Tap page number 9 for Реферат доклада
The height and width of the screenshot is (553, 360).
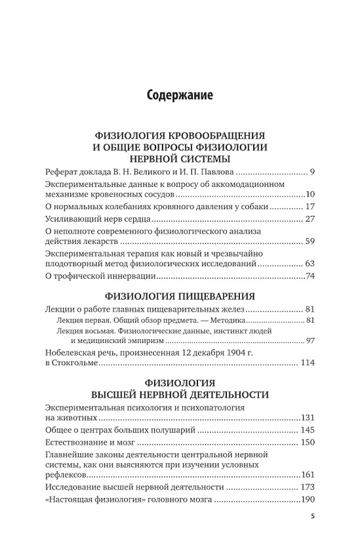[x=312, y=172]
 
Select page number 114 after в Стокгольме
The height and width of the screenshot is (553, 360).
[x=307, y=364]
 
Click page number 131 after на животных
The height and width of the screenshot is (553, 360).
[x=307, y=417]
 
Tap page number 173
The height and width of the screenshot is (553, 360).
[x=307, y=486]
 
